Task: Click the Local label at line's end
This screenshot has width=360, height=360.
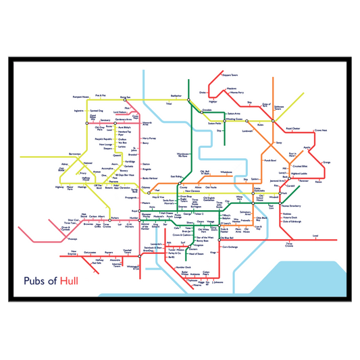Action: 316,236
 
